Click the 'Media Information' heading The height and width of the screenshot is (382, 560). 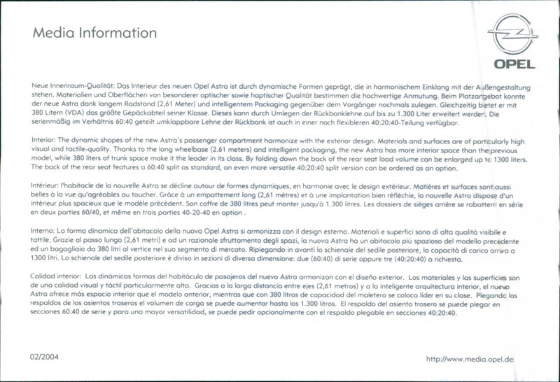85,33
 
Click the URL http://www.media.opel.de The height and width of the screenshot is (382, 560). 470,359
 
